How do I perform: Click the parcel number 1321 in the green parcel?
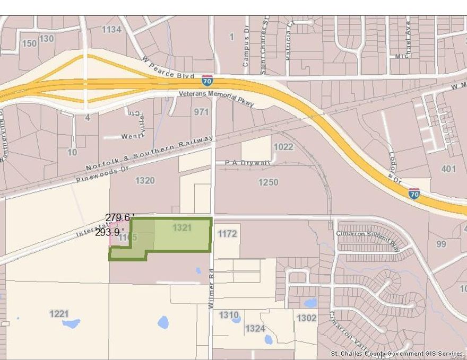coord(182,227)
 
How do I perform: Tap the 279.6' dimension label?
coord(118,217)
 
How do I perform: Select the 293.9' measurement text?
coord(109,232)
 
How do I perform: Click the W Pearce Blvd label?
coord(168,68)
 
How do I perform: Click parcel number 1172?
coord(227,233)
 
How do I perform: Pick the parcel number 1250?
coord(268,182)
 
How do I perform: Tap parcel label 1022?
coord(283,147)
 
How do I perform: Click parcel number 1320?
coord(145,181)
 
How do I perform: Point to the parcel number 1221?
coord(59,314)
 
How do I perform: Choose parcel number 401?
coord(448,169)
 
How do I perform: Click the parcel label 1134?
coord(111,30)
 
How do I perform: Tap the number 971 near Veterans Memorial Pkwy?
coord(201,112)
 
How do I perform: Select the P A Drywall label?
coord(247,162)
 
